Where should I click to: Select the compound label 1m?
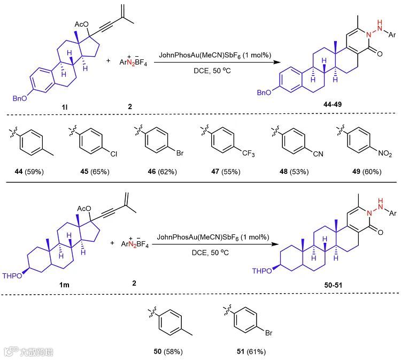64,285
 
